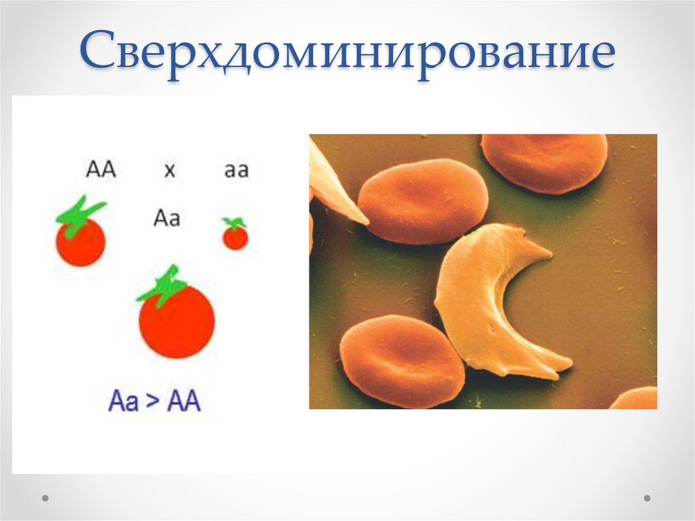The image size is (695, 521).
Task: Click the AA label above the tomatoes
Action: pos(100,170)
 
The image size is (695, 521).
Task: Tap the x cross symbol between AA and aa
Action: pos(170,170)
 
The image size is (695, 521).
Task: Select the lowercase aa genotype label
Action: pos(236,170)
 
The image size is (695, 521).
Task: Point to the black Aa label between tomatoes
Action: pos(167,218)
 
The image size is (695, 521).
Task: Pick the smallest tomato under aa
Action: pos(236,238)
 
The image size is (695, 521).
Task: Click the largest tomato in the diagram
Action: pos(177,321)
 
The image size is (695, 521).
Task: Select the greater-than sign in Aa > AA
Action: pos(152,401)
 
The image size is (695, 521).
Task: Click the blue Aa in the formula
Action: pos(123,401)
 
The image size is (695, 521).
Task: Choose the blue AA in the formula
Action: pos(183,401)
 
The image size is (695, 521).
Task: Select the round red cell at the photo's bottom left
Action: pos(402,361)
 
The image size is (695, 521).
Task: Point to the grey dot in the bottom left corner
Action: pos(45,498)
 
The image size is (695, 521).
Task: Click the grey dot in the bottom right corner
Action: pos(647,498)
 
